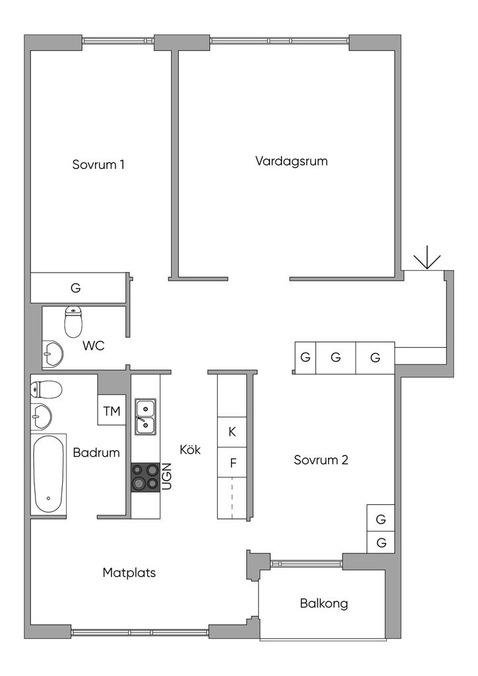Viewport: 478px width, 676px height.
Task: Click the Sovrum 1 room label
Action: click(98, 164)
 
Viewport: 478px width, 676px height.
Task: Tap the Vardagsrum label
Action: click(291, 161)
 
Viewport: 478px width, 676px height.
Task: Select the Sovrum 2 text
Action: click(321, 460)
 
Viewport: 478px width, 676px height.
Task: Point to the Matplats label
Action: click(129, 572)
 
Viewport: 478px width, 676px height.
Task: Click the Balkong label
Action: click(324, 603)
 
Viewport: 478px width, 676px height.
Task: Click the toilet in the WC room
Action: click(73, 321)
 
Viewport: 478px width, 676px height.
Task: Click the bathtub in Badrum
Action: click(50, 474)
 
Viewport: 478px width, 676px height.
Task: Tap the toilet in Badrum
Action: click(46, 389)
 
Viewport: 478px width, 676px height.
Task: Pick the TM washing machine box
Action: click(112, 411)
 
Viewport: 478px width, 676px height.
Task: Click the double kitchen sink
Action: click(145, 417)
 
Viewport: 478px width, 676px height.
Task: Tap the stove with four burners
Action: click(145, 477)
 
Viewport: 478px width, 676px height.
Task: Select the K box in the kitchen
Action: click(232, 432)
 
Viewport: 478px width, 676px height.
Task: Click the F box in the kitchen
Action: click(232, 463)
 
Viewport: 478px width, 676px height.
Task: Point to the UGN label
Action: click(166, 476)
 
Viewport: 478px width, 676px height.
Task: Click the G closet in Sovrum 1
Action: click(75, 288)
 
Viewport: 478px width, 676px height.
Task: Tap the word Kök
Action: click(189, 450)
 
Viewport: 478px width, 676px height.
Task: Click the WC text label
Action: click(93, 345)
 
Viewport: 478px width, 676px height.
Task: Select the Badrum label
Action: click(96, 453)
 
